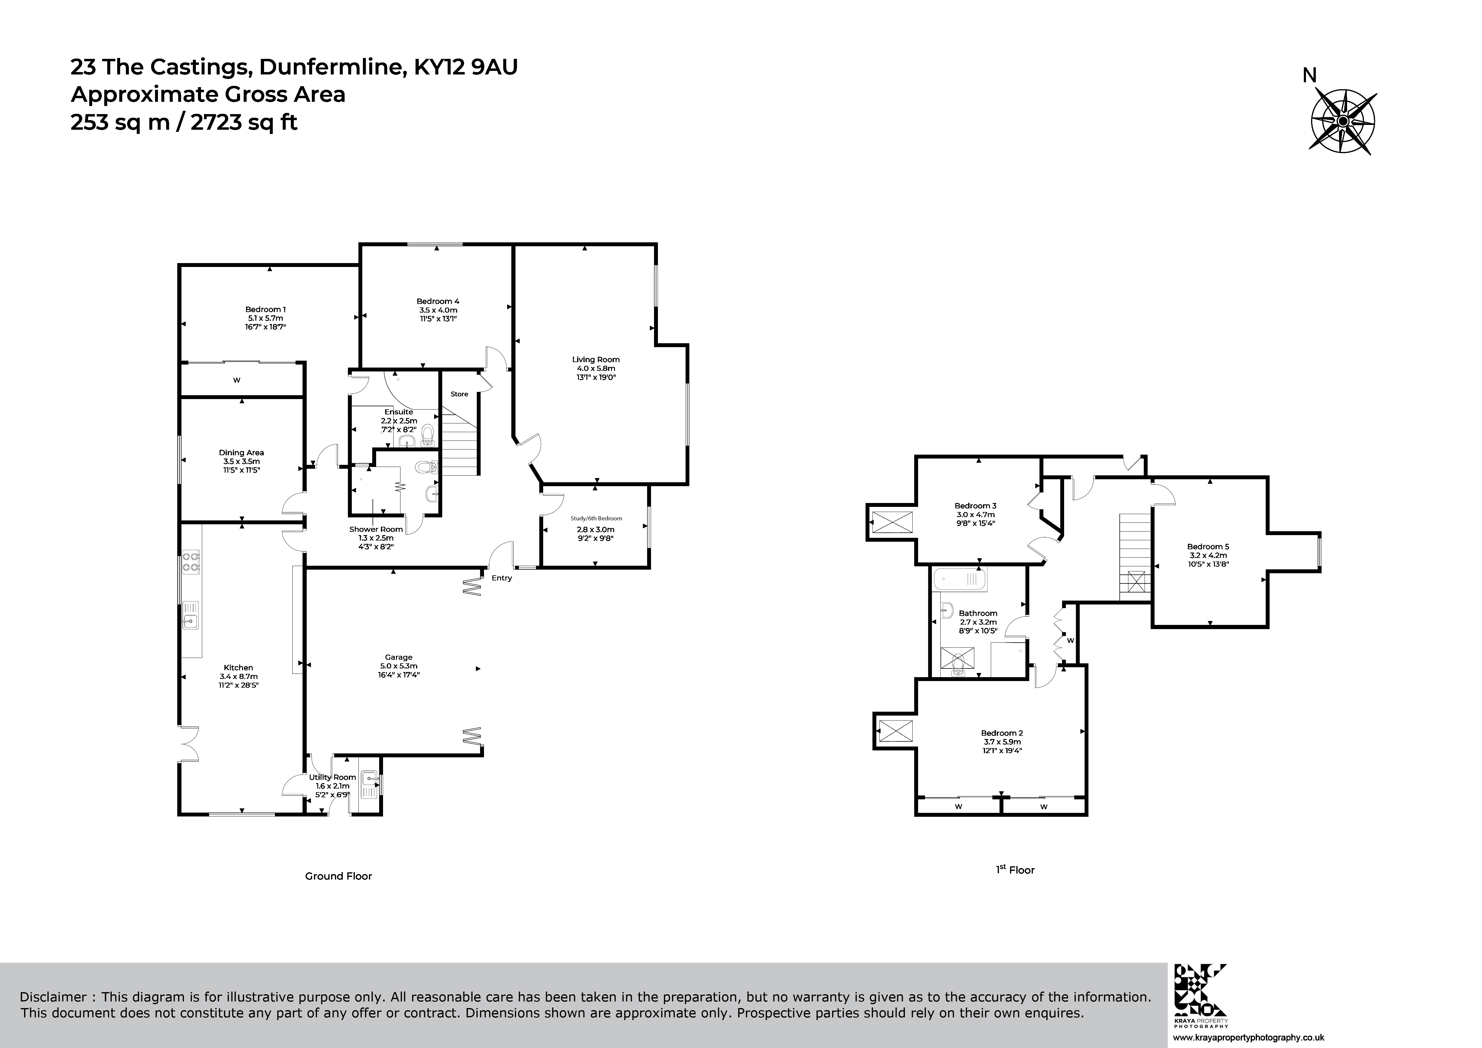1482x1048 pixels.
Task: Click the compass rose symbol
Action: (x=1343, y=121)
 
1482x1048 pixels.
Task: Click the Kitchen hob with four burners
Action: (x=191, y=562)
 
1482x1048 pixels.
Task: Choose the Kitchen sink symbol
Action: (x=191, y=614)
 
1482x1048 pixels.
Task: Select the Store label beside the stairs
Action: (x=460, y=394)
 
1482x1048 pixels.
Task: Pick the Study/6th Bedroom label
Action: (x=596, y=518)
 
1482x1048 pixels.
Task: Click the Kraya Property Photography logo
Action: (x=1201, y=1014)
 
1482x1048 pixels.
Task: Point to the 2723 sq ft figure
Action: (x=244, y=122)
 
